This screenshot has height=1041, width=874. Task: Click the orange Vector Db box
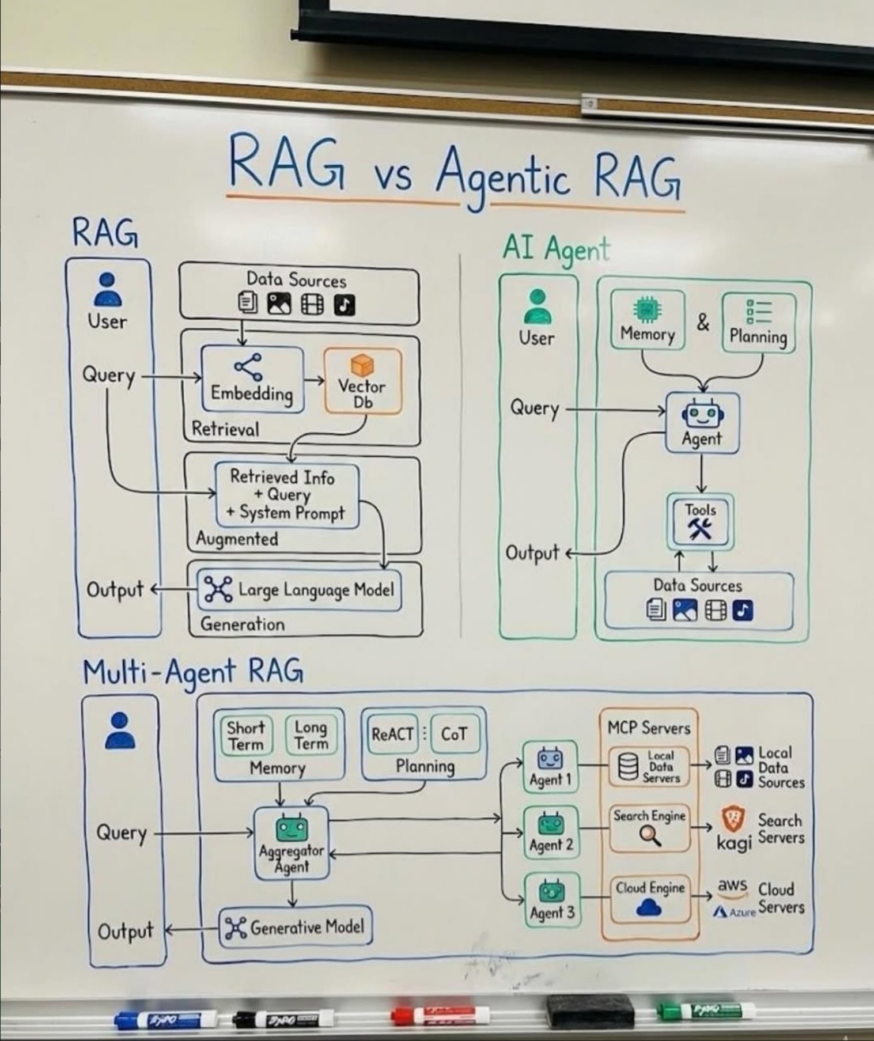tap(362, 381)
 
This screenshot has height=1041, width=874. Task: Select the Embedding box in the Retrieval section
tap(252, 380)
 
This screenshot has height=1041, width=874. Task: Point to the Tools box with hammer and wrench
tap(700, 521)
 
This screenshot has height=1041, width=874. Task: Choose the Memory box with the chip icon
tap(648, 320)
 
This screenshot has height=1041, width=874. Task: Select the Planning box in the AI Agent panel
tap(758, 323)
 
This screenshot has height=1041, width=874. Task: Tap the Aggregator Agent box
tap(292, 842)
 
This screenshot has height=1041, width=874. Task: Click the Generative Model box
tap(295, 926)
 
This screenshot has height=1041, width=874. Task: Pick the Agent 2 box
tap(551, 832)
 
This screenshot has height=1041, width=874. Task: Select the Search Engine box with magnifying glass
tap(650, 828)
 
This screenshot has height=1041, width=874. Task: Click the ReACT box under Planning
tap(392, 734)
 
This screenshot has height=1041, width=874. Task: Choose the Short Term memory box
tap(246, 735)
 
